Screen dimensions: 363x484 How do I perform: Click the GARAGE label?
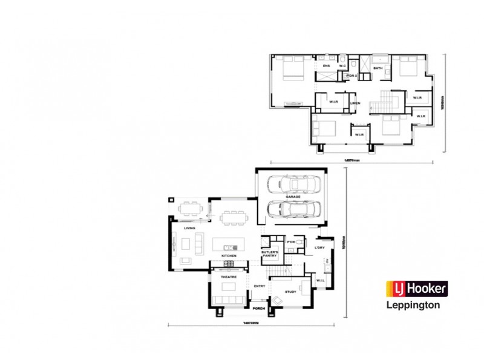(x=293, y=197)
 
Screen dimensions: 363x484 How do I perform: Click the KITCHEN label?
(x=229, y=257)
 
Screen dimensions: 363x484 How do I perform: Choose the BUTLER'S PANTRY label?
(x=269, y=253)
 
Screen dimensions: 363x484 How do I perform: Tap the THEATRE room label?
(x=228, y=276)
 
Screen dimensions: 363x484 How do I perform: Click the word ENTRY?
(x=260, y=286)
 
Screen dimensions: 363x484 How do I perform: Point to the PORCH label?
(x=260, y=309)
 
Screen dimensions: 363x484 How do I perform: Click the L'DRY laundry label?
(x=321, y=249)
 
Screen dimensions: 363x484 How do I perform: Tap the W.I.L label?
(x=321, y=280)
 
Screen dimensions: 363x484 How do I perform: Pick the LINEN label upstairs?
(x=355, y=103)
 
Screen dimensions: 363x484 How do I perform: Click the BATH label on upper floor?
(x=378, y=68)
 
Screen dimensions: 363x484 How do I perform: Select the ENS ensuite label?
(x=326, y=65)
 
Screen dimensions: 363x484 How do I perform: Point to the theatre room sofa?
(x=229, y=301)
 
